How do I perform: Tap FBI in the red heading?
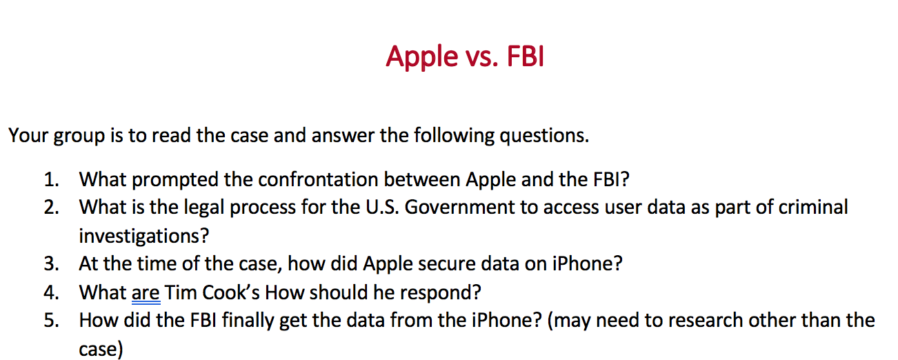[525, 57]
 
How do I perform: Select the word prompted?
[174, 181]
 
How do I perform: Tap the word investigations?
[143, 236]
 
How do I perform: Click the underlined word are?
[146, 292]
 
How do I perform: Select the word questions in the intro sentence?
[543, 135]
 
